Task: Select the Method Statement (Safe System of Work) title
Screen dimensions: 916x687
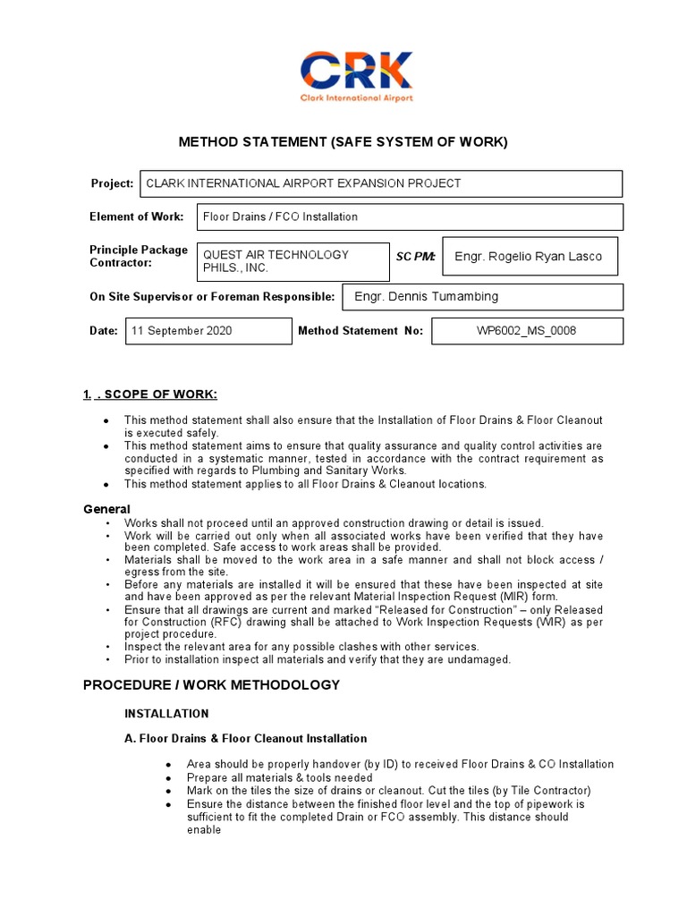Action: (343, 141)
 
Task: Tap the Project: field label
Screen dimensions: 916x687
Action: (112, 183)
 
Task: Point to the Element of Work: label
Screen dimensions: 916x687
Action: (136, 216)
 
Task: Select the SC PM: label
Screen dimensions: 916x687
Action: (415, 257)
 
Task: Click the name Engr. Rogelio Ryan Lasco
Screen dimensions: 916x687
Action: (529, 257)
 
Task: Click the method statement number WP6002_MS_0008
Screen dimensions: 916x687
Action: (527, 331)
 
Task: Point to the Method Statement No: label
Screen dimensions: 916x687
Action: (360, 331)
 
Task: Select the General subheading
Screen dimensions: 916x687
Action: (106, 509)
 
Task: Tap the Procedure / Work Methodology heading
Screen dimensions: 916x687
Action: (211, 685)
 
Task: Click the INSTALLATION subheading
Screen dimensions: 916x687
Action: (166, 714)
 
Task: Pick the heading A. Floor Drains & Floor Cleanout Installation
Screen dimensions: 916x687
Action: (245, 739)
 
